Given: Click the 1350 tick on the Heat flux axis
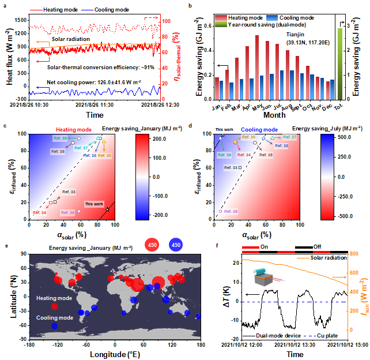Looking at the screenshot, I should click(x=20, y=18).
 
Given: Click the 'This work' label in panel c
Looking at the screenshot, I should click(x=94, y=204).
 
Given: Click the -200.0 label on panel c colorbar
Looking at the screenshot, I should click(x=157, y=215).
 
